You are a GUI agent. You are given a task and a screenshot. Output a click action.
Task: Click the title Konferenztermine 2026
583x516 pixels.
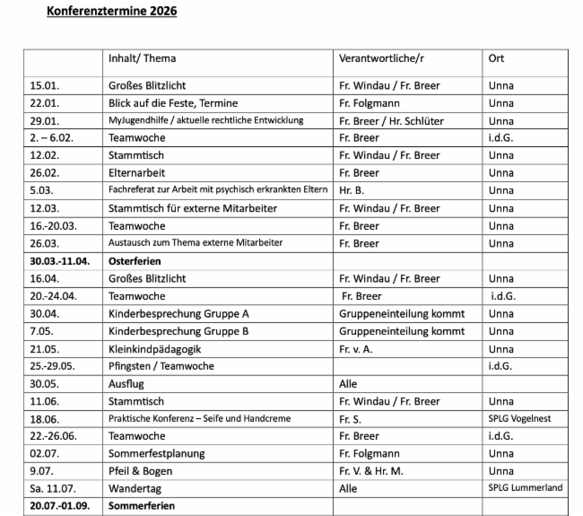(x=113, y=12)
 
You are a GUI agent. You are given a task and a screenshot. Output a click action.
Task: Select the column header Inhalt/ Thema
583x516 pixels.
(x=142, y=58)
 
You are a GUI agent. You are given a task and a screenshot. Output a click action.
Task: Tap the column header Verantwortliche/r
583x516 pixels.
(x=380, y=58)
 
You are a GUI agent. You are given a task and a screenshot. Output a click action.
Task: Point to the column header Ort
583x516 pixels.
(x=496, y=58)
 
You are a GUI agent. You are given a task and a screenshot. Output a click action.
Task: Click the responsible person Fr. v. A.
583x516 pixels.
(x=356, y=349)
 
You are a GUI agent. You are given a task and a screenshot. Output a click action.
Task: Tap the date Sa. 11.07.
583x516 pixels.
(x=51, y=489)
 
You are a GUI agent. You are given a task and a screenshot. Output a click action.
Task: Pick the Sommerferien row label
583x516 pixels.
(x=142, y=507)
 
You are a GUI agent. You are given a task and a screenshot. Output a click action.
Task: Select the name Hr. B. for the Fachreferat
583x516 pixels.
(x=352, y=191)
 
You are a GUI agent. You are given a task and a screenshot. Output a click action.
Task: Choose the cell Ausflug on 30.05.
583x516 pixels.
(x=125, y=384)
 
